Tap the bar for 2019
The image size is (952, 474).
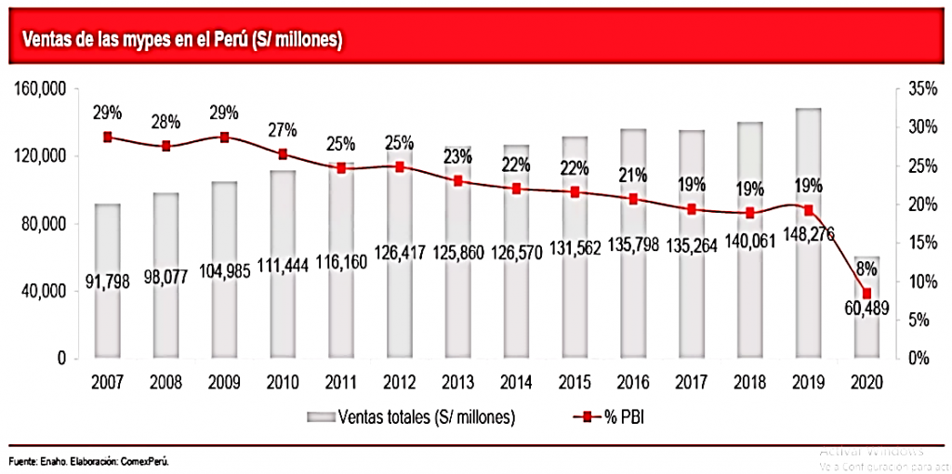(x=809, y=232)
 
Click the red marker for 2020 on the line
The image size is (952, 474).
(x=867, y=294)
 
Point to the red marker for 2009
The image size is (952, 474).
(x=225, y=137)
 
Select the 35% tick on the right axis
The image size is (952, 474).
(x=912, y=89)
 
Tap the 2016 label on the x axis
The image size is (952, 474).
(x=634, y=382)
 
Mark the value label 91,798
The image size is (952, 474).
(x=108, y=277)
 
